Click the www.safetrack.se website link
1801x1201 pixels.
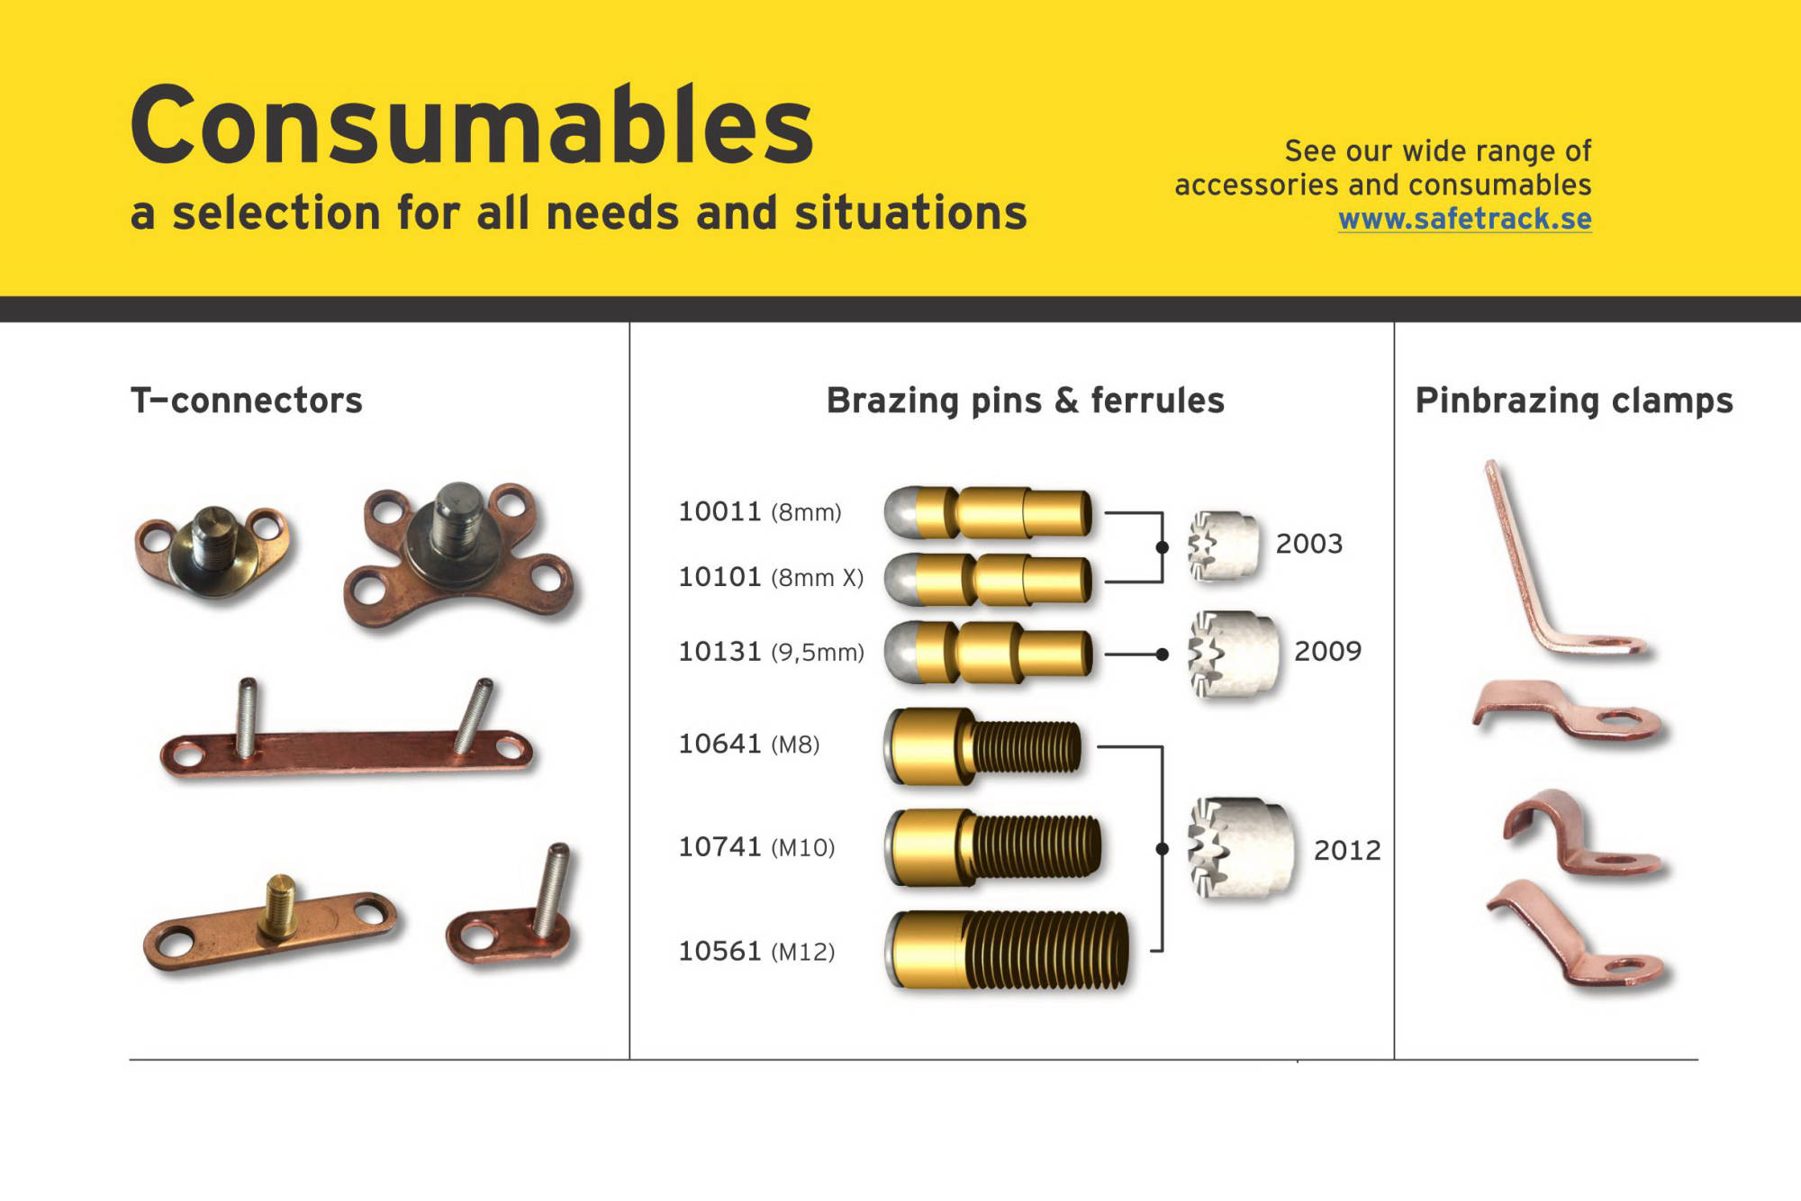[x=1464, y=219]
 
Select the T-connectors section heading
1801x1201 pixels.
[x=247, y=400]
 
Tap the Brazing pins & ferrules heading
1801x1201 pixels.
[x=1026, y=401]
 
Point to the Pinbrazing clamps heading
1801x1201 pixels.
[x=1574, y=401]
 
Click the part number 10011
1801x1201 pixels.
[x=719, y=511]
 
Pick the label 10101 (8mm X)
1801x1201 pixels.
[x=771, y=577]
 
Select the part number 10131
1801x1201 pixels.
[x=719, y=651]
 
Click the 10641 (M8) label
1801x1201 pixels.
[x=749, y=744]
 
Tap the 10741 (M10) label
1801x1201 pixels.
[x=756, y=847]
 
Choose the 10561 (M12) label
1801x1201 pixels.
[x=756, y=951]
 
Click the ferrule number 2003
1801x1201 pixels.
[x=1308, y=544]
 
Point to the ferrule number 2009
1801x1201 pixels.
[x=1327, y=651]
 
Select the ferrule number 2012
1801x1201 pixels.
[x=1347, y=850]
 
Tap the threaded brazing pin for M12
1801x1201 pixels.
[x=1007, y=951]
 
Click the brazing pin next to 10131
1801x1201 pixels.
[x=988, y=651]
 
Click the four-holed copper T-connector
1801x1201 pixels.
[x=459, y=554]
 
